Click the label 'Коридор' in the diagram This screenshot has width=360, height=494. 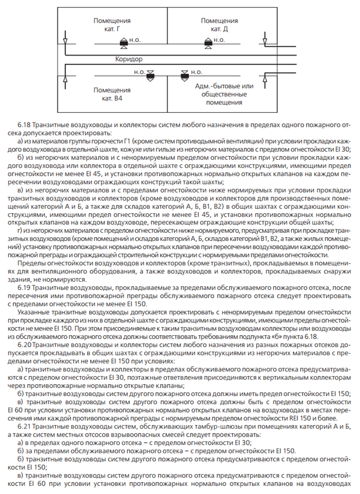tap(128, 59)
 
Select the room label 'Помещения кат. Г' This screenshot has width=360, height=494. tap(112, 25)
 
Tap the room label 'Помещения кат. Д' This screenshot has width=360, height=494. tap(219, 25)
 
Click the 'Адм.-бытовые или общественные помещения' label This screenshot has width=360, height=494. tap(219, 94)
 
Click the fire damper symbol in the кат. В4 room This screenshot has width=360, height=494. tap(150, 75)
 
